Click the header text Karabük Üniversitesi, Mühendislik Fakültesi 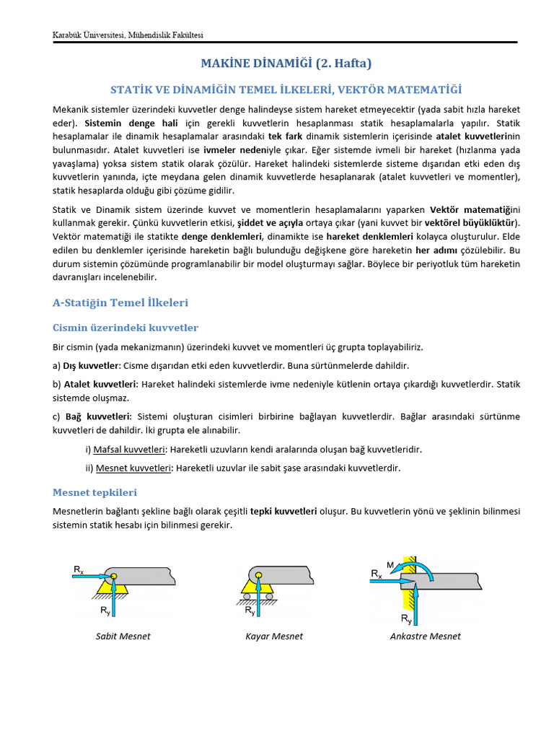click(133, 35)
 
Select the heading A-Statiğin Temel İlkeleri click(120, 302)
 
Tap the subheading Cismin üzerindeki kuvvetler click(126, 328)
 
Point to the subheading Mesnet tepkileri click(94, 492)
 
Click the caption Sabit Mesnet click(123, 636)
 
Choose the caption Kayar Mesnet click(273, 636)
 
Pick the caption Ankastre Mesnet click(425, 636)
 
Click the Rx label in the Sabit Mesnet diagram click(79, 570)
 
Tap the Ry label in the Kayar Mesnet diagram click(250, 611)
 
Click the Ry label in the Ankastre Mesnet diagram click(406, 618)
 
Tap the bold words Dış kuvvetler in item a click(90, 365)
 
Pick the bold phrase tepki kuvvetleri click(283, 511)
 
